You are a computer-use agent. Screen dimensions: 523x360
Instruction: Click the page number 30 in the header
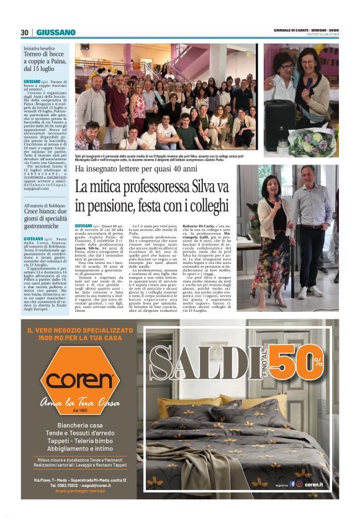click(25, 32)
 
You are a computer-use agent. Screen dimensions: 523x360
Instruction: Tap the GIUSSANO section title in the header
click(56, 32)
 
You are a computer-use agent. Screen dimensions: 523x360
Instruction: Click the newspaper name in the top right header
click(307, 30)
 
